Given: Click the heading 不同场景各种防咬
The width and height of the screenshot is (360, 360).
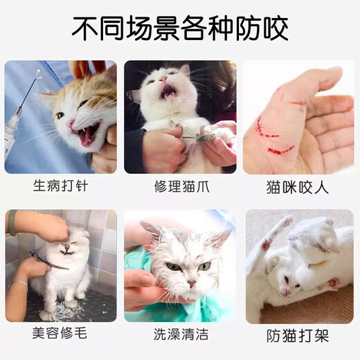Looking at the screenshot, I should click(180, 28).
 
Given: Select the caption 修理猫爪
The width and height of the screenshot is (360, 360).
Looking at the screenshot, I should click(180, 186).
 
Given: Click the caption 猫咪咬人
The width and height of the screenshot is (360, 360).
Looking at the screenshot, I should click(298, 188).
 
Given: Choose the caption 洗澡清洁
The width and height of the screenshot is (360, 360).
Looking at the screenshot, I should click(180, 334).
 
